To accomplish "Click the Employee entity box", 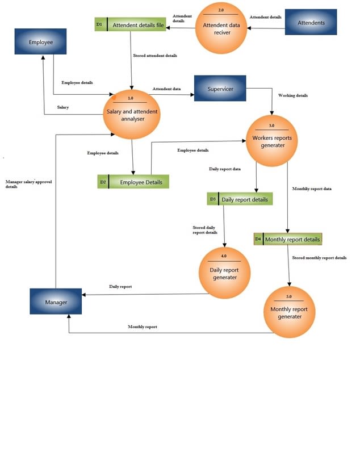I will [40, 41].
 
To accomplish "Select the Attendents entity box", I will [311, 23].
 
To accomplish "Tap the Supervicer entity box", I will [220, 89].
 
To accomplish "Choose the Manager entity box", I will [56, 302].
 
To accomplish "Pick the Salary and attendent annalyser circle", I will [131, 115].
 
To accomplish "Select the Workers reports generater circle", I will [271, 140].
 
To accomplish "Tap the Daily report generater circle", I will [224, 273].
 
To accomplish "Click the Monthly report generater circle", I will [289, 312].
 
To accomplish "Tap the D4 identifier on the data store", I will [258, 240].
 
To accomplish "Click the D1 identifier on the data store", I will [100, 25].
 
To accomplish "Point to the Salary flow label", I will [63, 107].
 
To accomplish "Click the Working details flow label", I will [293, 95].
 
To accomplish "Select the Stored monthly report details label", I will [319, 258].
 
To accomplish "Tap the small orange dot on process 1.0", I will [114, 97].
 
